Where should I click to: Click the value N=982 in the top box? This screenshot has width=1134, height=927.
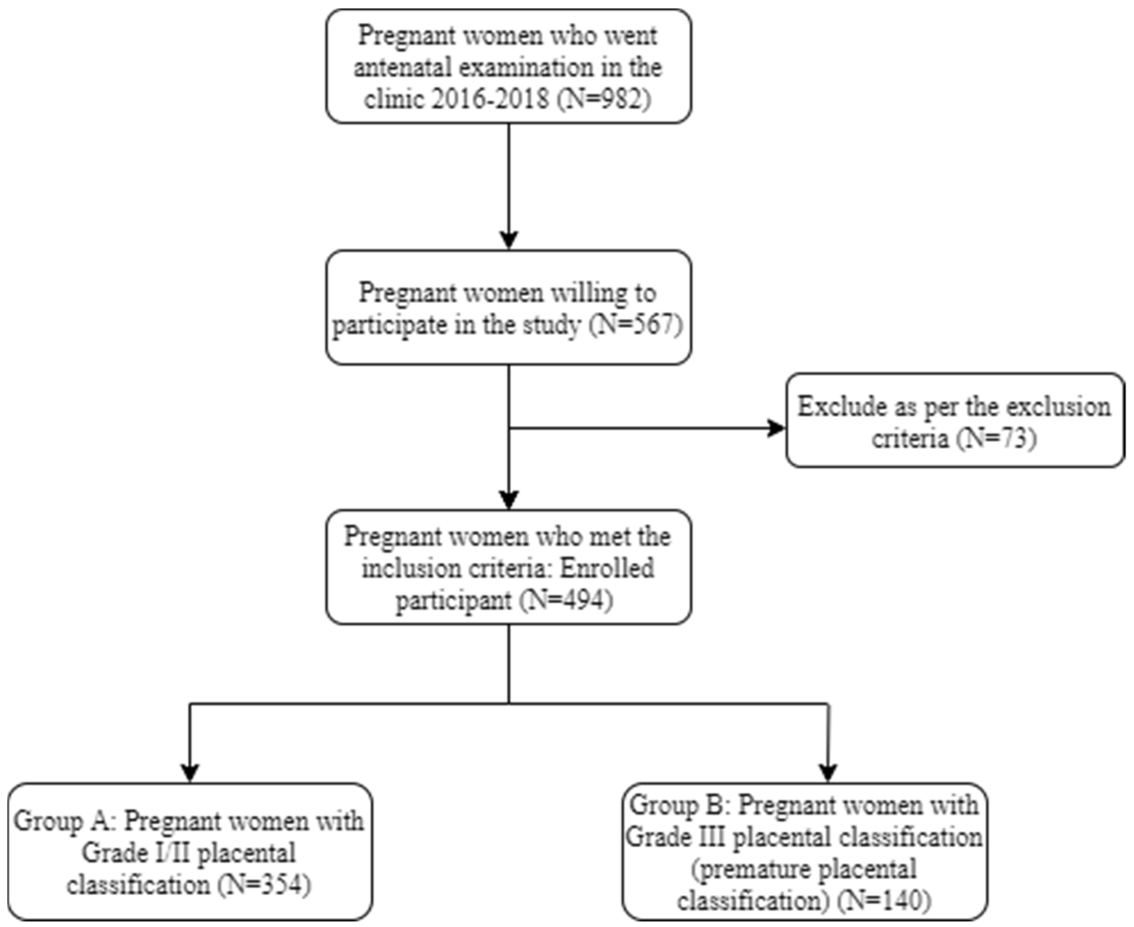605,100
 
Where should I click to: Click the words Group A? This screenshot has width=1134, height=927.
62,821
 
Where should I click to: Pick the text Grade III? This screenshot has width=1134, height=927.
675,837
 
